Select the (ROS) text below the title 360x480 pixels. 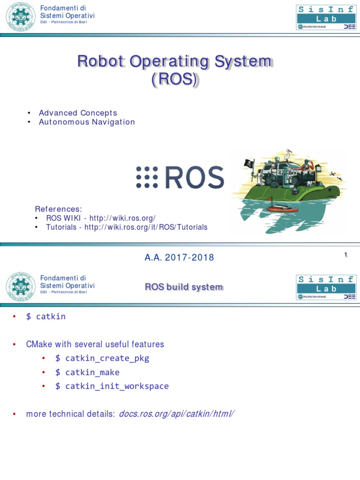[175, 80]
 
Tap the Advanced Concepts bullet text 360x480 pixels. [78, 113]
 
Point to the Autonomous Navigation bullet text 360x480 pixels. [87, 122]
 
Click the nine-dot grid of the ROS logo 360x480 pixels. [147, 178]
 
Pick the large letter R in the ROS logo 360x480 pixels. [175, 178]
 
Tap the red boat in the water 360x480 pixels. [281, 209]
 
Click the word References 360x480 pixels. [59, 209]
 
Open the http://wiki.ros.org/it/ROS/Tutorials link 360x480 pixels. [146, 227]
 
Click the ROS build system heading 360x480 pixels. [183, 287]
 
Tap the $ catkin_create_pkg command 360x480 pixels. [102, 359]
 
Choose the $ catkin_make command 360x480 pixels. [87, 373]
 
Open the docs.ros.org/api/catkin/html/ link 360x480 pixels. [176, 414]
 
